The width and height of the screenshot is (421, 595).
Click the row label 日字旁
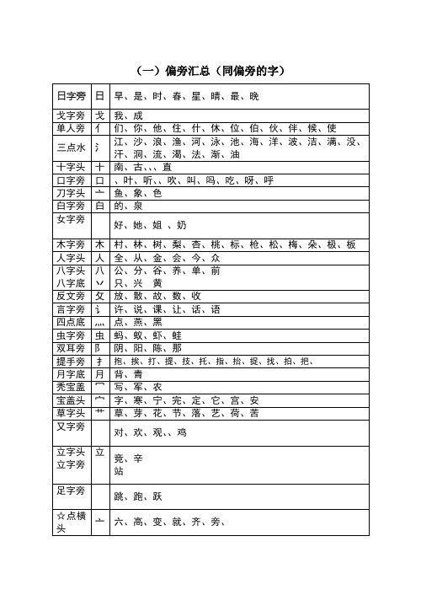[70, 97]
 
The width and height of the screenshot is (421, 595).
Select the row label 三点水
[70, 147]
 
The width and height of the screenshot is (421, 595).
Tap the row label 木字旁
[70, 244]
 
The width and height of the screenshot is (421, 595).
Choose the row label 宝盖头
[70, 399]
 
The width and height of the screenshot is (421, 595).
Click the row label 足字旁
[70, 490]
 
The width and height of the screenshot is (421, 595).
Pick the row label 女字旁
[70, 219]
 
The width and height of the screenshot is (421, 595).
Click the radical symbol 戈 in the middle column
[99, 115]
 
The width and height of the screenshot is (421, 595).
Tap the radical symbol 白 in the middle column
[99, 206]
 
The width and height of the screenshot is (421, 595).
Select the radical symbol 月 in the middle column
[99, 373]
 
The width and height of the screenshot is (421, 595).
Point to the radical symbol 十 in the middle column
[99, 167]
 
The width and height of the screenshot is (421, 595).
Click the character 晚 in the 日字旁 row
[254, 97]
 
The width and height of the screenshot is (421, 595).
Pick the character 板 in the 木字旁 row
[350, 244]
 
